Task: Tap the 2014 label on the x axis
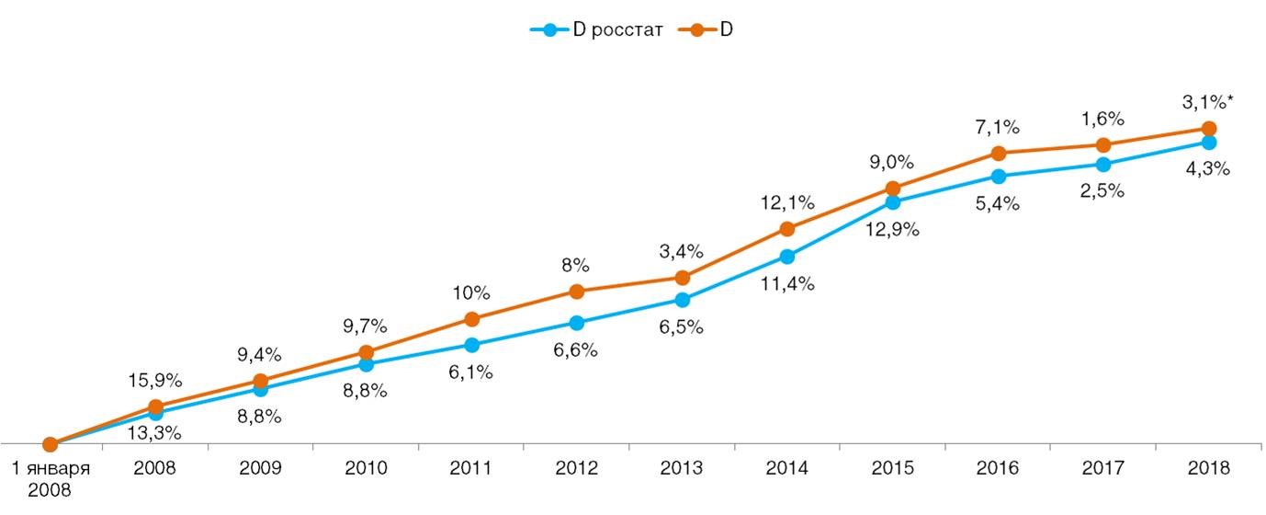point(786,467)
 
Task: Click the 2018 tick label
point(1208,467)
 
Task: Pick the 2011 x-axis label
point(470,467)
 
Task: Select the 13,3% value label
point(154,432)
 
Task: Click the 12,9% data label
point(891,226)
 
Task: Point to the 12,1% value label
point(786,200)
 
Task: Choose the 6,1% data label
point(470,372)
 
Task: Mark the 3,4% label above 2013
point(681,250)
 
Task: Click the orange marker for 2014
point(786,229)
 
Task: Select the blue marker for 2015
point(892,202)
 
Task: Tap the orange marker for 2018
point(1209,129)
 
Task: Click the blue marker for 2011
point(470,345)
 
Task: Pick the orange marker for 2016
point(998,153)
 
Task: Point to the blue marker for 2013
point(682,300)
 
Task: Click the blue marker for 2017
point(1103,165)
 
